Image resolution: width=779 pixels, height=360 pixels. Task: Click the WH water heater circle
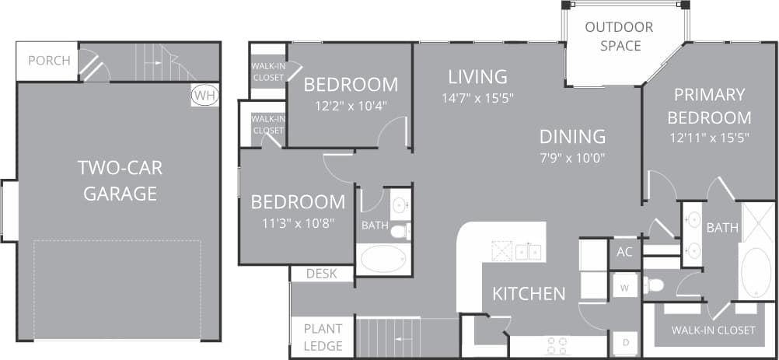tap(205, 95)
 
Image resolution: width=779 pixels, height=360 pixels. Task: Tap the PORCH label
tap(48, 61)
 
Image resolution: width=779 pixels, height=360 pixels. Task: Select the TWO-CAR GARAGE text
tap(121, 180)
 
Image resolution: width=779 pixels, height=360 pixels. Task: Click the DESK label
tap(322, 274)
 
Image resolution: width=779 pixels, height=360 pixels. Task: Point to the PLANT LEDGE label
tap(323, 337)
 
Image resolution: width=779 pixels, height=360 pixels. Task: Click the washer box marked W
tap(624, 286)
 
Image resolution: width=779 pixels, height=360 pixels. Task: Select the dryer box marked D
tap(624, 340)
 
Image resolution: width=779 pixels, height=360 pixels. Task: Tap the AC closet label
tap(624, 252)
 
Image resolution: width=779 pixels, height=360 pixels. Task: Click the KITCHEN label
tap(529, 294)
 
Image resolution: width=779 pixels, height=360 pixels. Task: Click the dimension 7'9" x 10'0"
tap(572, 158)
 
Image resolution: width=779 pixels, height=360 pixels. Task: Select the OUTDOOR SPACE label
tap(620, 37)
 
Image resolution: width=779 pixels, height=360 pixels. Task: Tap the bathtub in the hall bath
tap(383, 258)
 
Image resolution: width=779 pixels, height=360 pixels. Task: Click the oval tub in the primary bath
tap(756, 272)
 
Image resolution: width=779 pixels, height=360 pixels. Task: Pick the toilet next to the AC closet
tap(655, 285)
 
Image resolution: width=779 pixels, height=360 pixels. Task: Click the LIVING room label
tap(477, 77)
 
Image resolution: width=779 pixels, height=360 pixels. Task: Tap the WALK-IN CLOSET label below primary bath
tap(713, 330)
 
